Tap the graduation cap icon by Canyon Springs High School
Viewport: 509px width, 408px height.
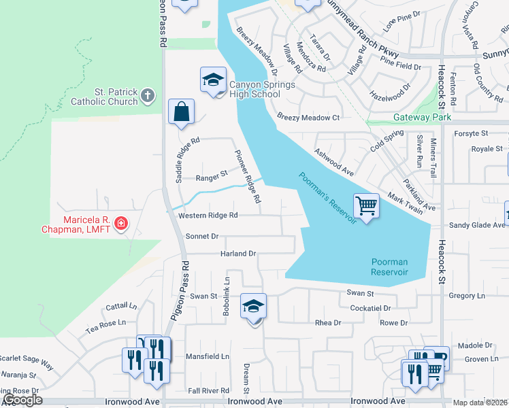[x=213, y=80]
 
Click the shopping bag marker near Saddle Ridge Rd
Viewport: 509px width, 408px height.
[x=182, y=112]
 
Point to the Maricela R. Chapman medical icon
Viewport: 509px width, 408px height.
[x=121, y=223]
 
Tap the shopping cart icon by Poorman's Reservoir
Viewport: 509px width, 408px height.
[x=365, y=205]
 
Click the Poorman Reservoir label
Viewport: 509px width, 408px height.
[x=389, y=267]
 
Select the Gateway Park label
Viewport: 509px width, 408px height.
[x=422, y=117]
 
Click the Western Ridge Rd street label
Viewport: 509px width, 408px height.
[x=208, y=216]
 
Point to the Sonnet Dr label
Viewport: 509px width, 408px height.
[x=201, y=237]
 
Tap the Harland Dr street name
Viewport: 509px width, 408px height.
[x=237, y=254]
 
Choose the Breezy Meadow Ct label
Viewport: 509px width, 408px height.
[x=308, y=118]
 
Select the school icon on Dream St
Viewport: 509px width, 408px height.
[x=253, y=307]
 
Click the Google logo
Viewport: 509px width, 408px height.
[x=22, y=400]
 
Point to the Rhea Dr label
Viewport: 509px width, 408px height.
[x=327, y=322]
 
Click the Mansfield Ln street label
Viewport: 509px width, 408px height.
[x=209, y=356]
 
